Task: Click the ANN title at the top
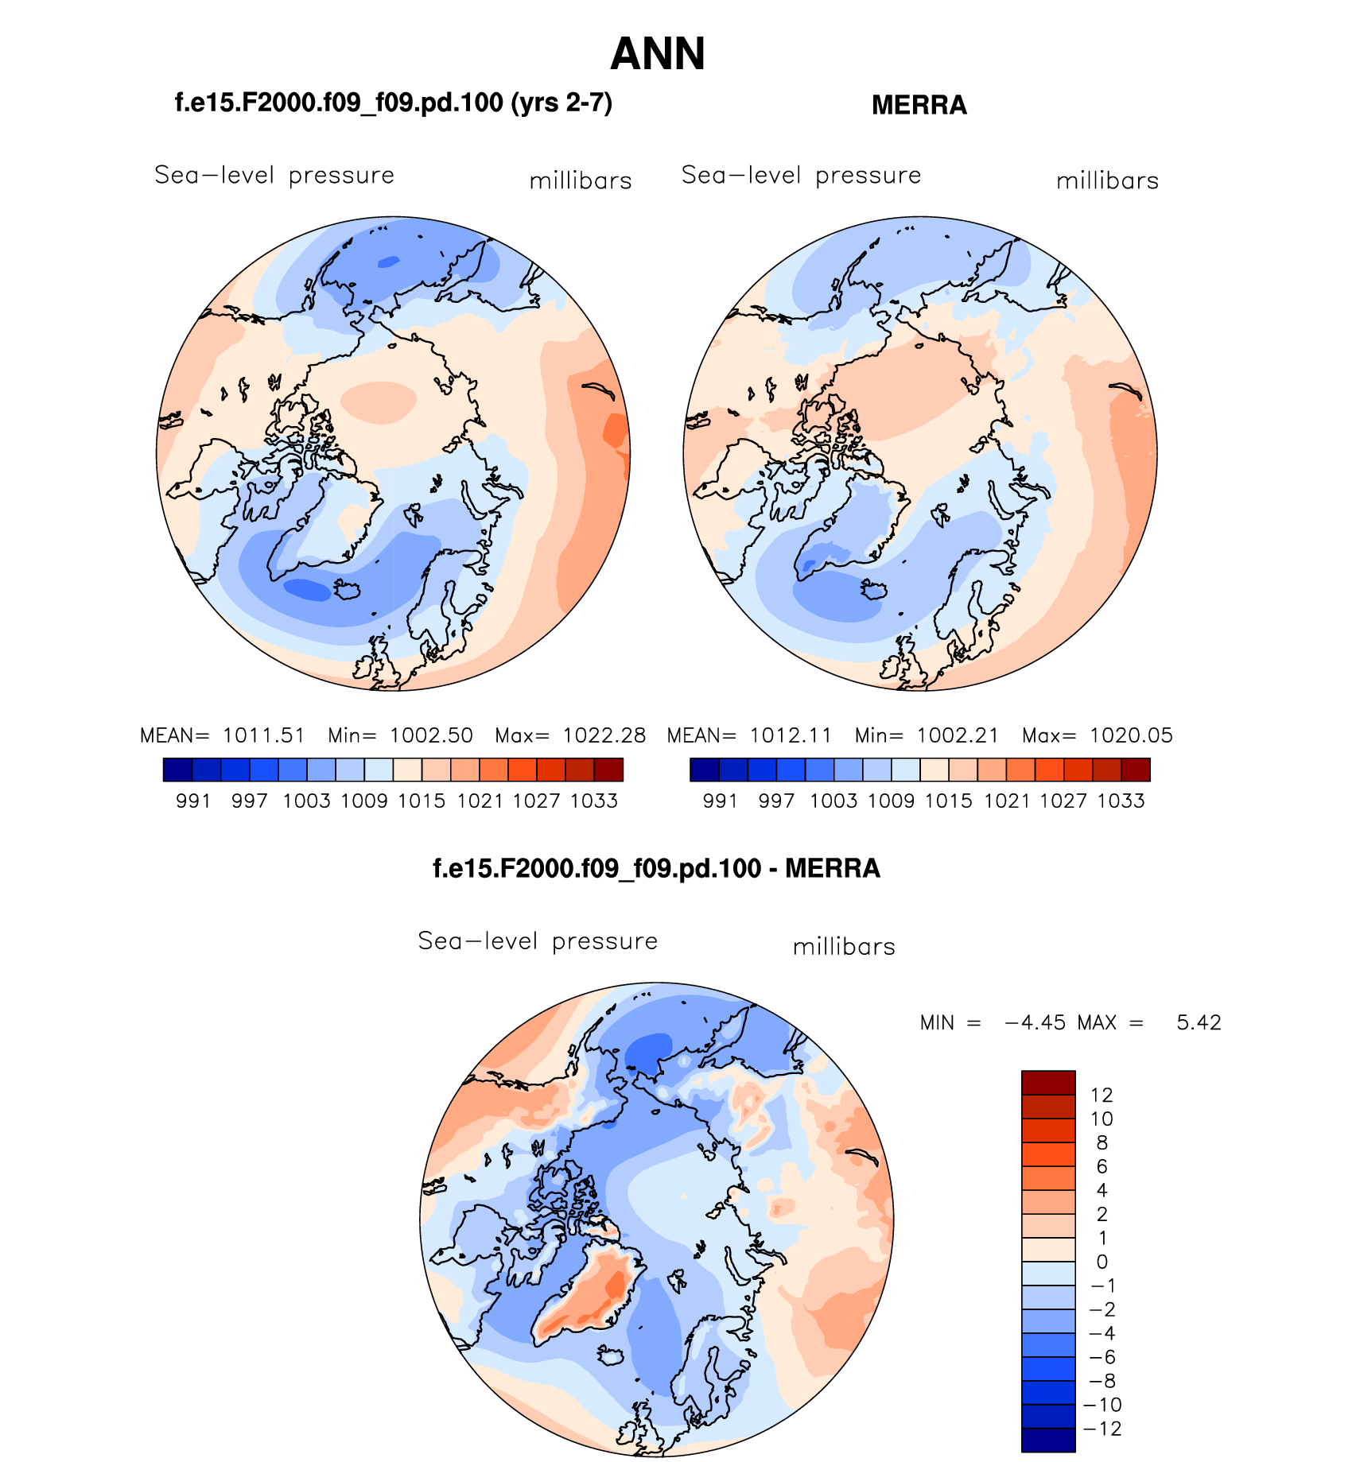click(x=658, y=54)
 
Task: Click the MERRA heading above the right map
click(x=919, y=105)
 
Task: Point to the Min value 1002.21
click(x=958, y=735)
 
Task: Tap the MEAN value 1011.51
click(x=264, y=735)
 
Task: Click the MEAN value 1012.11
click(x=791, y=735)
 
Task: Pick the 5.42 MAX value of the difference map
click(x=1199, y=1022)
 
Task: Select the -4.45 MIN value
click(x=1036, y=1022)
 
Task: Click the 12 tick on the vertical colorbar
click(x=1102, y=1095)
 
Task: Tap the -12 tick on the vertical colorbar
click(x=1102, y=1429)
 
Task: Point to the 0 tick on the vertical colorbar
click(x=1102, y=1262)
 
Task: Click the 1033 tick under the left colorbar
click(x=594, y=801)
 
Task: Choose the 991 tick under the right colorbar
click(x=720, y=801)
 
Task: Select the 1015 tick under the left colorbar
click(x=422, y=801)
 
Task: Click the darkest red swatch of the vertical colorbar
click(x=1048, y=1083)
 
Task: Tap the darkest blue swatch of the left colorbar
click(x=177, y=770)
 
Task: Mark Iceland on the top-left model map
click(x=348, y=590)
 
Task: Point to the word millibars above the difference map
click(x=844, y=947)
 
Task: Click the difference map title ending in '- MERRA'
click(x=656, y=868)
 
